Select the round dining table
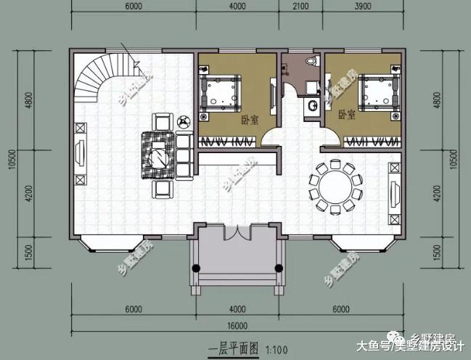coord(335,184)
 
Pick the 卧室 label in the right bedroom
coord(346,115)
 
